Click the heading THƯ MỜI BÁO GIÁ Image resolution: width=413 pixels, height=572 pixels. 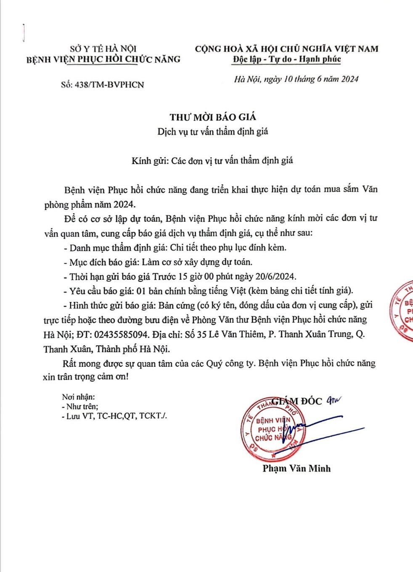pyautogui.click(x=213, y=117)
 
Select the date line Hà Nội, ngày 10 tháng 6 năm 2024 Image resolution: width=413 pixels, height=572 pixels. pyautogui.click(x=296, y=79)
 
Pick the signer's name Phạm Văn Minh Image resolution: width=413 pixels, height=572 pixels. pyautogui.click(x=297, y=468)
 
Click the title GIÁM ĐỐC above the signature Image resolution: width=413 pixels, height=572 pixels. pyautogui.click(x=297, y=401)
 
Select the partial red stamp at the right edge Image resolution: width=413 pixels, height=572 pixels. pyautogui.click(x=402, y=310)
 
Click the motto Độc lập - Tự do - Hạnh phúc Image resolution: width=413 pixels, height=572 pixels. pyautogui.click(x=287, y=59)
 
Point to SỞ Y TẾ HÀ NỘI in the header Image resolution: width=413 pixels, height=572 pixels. pyautogui.click(x=103, y=49)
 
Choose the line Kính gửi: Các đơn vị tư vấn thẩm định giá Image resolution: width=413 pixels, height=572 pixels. pyautogui.click(x=212, y=161)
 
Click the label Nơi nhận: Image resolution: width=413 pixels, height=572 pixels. pyautogui.click(x=78, y=397)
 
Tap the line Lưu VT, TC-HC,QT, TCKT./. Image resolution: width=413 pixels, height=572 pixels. pyautogui.click(x=116, y=416)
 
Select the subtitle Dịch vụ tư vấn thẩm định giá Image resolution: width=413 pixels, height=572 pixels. pyautogui.click(x=212, y=132)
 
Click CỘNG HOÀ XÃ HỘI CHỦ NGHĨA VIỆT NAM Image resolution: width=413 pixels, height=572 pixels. pyautogui.click(x=286, y=49)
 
